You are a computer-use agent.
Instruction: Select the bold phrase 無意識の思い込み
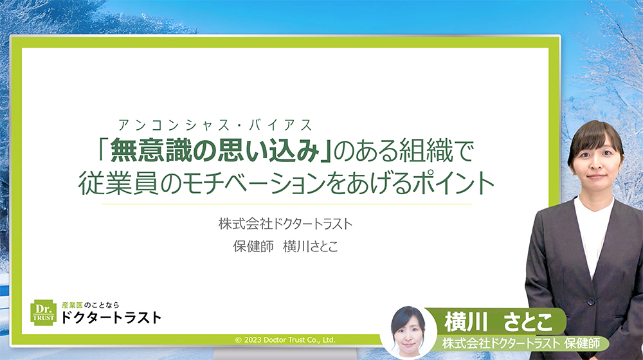(x=215, y=152)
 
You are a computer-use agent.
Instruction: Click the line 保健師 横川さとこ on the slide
(x=285, y=246)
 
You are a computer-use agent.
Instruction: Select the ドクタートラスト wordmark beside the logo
(x=111, y=317)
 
